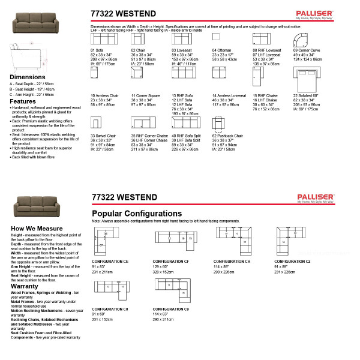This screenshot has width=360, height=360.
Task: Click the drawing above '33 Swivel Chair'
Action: tap(96, 123)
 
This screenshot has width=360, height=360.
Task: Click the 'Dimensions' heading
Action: tap(27, 77)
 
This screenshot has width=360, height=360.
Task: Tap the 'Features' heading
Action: tap(23, 101)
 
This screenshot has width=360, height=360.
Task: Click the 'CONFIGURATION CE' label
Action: tap(110, 262)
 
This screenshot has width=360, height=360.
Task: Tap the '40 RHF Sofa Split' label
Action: tap(186, 136)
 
